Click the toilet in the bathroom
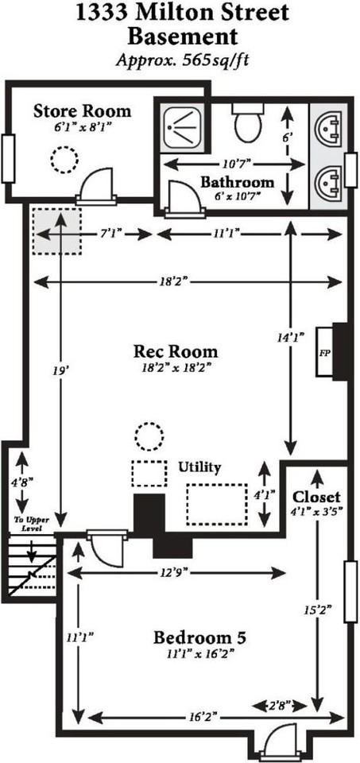[248, 122]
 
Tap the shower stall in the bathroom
[185, 126]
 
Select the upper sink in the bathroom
[328, 129]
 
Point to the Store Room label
[82, 110]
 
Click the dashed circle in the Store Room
[64, 159]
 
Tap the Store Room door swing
[96, 182]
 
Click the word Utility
[199, 467]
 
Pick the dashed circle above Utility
[149, 436]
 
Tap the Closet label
[316, 497]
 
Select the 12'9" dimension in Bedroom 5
[177, 573]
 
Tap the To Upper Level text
[28, 524]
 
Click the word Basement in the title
[183, 37]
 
